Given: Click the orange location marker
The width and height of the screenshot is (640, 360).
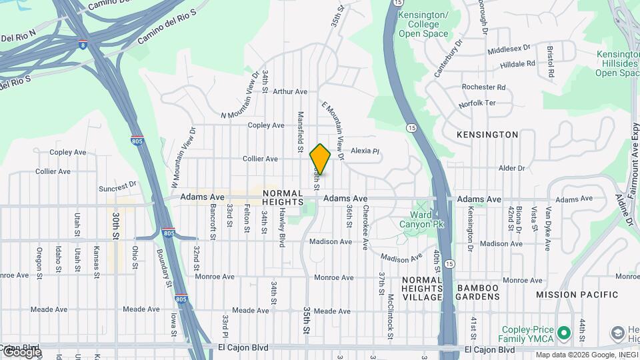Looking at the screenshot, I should (320, 159).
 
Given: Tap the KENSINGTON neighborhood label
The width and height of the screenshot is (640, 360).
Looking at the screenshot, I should (487, 135).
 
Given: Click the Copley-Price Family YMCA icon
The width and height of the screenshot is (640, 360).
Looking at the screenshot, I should (564, 332).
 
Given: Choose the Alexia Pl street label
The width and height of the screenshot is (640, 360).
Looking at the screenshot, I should (365, 151).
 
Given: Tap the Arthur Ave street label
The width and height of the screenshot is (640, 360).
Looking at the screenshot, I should (290, 92).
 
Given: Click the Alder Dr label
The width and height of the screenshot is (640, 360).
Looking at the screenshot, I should (512, 168).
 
